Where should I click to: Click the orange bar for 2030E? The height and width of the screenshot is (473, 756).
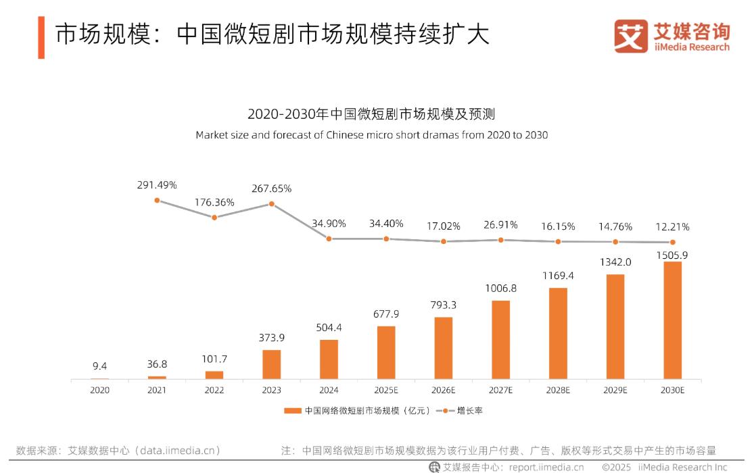673,320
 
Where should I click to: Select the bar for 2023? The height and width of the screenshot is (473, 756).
271,364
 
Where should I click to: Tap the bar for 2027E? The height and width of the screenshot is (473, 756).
500,340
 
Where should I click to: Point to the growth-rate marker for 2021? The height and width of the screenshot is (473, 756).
157,200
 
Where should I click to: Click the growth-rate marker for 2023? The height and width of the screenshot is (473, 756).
272,203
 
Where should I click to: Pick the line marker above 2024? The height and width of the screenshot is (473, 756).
329,239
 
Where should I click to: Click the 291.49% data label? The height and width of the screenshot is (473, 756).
156,184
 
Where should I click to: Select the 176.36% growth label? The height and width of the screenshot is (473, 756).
214,202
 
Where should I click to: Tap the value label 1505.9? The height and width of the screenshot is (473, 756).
672,255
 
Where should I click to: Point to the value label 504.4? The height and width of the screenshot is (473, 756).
329,328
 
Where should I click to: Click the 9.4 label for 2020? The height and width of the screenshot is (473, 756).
99,366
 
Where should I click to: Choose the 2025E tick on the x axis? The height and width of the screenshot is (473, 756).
386,391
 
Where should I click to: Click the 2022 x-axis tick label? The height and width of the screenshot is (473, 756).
214,391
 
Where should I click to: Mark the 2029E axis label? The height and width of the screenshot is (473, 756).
615,391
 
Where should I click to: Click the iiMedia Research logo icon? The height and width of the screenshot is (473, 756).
630,36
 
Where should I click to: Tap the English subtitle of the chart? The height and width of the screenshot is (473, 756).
371,134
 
